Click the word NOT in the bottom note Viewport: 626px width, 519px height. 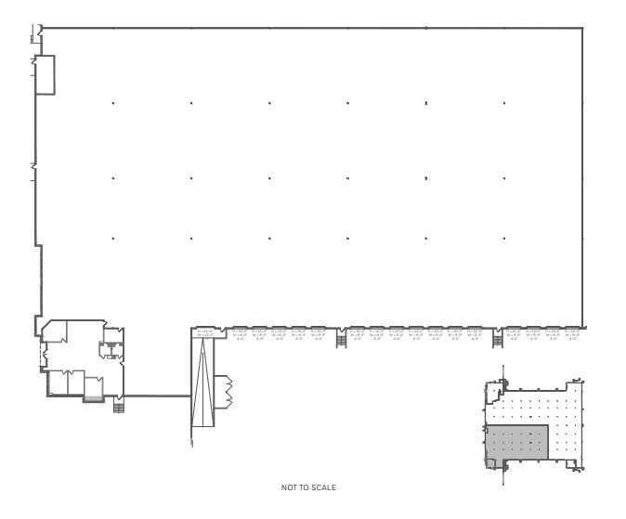pos(288,487)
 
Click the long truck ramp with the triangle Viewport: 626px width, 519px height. pos(202,381)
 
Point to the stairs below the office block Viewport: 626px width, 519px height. pos(117,406)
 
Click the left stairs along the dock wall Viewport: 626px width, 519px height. pos(341,340)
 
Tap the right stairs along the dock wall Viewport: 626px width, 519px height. pos(497,340)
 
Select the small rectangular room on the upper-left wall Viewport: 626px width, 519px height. pos(45,74)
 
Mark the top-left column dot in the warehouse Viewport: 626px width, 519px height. pos(113,103)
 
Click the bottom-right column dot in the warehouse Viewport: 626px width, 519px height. pos(504,239)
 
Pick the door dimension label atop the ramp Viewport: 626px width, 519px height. pos(204,332)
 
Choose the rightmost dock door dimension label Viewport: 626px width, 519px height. pos(572,332)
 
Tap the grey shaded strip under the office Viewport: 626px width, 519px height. pos(93,398)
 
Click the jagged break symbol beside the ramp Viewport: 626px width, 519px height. pos(223,394)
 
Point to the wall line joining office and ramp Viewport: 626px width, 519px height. pos(156,396)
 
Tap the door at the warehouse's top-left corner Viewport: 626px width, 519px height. pos(37,34)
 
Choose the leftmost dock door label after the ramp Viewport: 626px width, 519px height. pos(240,332)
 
